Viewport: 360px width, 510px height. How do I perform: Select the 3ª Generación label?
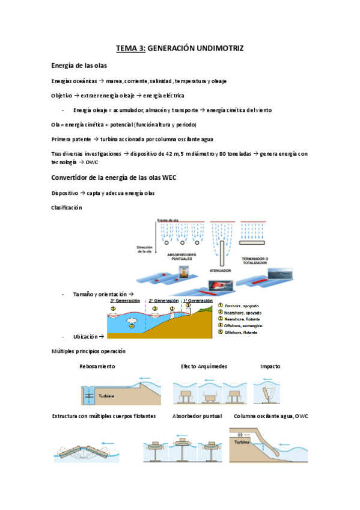coord(125,300)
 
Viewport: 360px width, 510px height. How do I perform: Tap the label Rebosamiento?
coord(97,366)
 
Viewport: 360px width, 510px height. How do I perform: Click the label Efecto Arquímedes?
coord(204,366)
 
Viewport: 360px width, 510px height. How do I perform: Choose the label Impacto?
coord(270,366)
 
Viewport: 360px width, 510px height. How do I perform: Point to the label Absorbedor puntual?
coord(197,416)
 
